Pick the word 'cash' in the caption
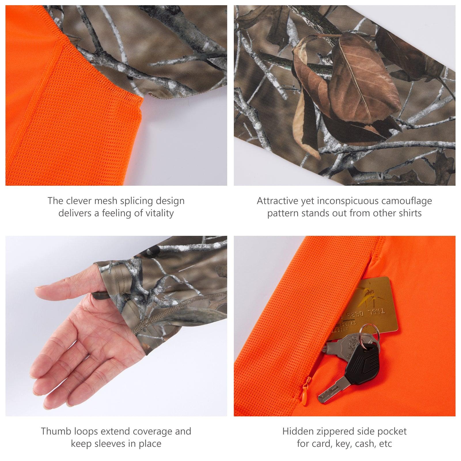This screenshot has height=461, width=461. click(x=361, y=444)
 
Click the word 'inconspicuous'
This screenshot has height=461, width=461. click(x=347, y=201)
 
